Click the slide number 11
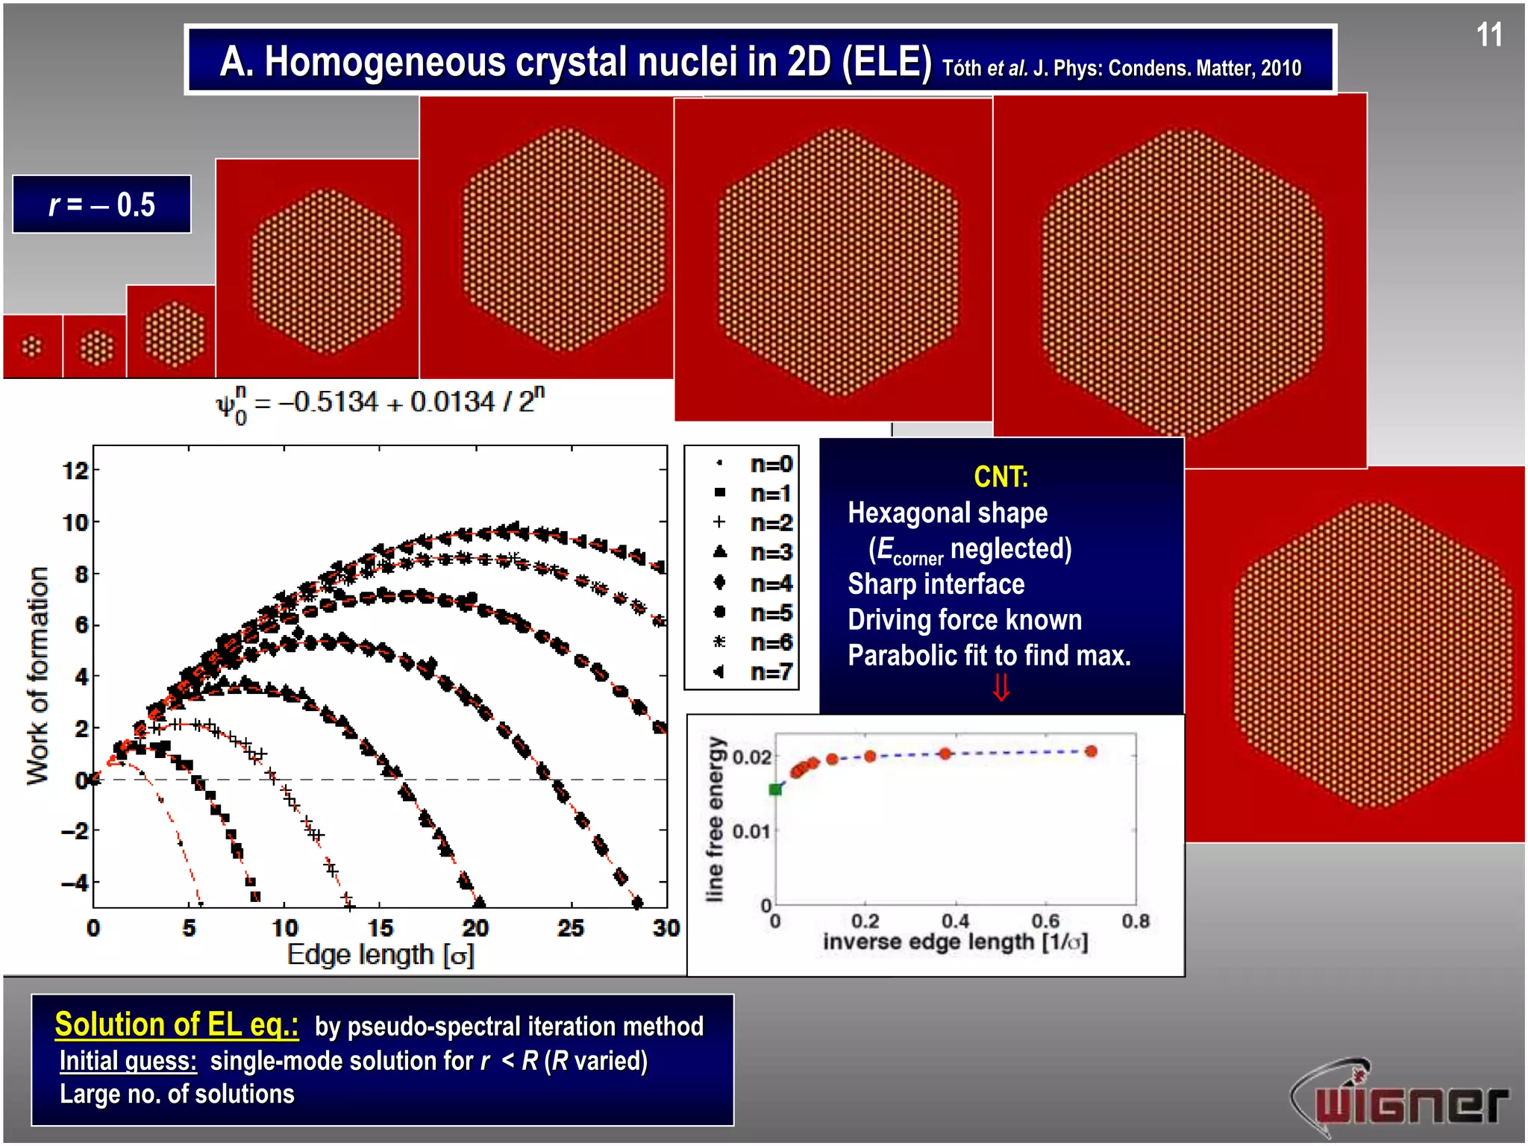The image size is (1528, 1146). coord(1488,35)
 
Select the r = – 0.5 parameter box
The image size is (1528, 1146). coord(102,204)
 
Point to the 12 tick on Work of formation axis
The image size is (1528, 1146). coord(75,471)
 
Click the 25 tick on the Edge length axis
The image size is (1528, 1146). coord(571,927)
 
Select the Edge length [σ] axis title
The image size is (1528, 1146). coord(381,955)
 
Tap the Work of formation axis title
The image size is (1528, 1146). coord(37,675)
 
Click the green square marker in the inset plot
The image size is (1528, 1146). coord(776,789)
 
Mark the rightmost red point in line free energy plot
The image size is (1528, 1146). coord(1091,751)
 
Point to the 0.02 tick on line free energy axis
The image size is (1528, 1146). coord(751,757)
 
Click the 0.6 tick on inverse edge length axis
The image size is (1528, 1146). coord(1045,921)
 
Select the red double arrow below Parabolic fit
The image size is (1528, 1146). coord(1001,687)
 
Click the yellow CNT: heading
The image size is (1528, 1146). coord(1001,477)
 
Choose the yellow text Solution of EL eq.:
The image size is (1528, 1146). coord(177,1024)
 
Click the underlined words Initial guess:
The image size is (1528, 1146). coord(128,1061)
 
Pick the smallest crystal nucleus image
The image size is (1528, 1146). coord(32,346)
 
